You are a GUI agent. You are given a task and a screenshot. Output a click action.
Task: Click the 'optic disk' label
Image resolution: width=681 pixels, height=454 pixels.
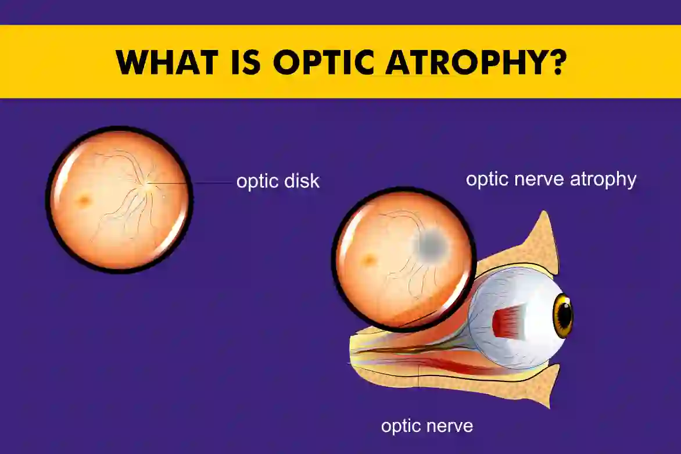[x=278, y=181]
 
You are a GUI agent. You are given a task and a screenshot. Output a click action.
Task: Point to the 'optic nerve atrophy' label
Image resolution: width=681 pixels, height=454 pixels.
[x=551, y=179]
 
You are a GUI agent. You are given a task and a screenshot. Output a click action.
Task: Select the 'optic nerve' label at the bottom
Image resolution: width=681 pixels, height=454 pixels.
[x=427, y=426]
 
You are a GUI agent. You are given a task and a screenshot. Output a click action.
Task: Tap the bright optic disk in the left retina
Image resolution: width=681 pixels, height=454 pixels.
[x=149, y=183]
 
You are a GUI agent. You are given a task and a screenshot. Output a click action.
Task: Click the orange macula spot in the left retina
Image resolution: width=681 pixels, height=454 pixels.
[x=85, y=201]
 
